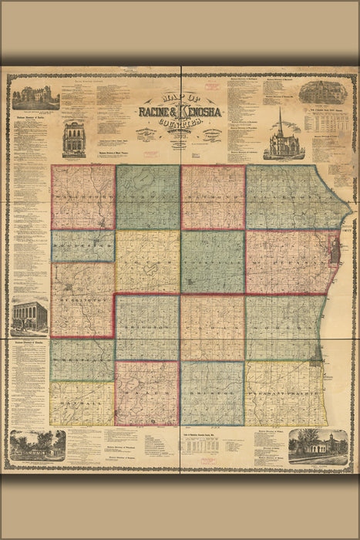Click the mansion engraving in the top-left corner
[35, 97]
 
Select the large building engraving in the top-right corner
[323, 93]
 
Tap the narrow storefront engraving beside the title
[75, 139]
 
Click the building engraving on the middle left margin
[29, 316]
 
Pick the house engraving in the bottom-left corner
[36, 446]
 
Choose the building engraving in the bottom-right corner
[318, 445]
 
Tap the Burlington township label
[82, 302]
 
